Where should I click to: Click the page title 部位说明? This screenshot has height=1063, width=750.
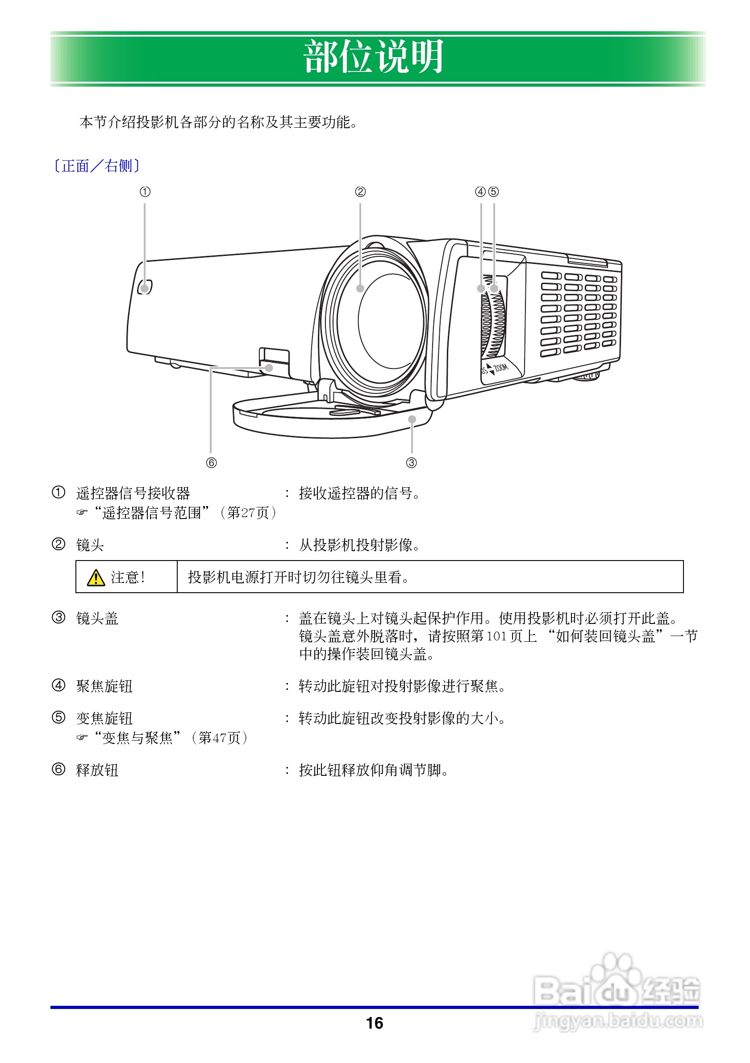[374, 57]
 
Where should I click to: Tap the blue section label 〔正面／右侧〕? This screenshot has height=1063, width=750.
[97, 166]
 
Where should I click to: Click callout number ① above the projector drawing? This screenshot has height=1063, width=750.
[145, 192]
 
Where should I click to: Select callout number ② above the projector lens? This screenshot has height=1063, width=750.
[360, 192]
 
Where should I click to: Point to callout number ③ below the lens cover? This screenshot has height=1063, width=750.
[411, 463]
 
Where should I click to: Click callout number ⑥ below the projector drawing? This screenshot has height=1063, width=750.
[211, 463]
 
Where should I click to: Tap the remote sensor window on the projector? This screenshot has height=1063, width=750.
[145, 288]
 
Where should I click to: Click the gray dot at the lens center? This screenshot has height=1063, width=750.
[360, 289]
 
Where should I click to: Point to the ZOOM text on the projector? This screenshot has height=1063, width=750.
[500, 368]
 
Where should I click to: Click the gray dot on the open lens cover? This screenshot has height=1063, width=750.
[412, 419]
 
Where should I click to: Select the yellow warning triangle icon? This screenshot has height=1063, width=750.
[96, 578]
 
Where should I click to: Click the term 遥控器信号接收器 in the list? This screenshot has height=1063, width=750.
[133, 494]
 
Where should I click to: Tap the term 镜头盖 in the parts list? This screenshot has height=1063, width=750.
[97, 619]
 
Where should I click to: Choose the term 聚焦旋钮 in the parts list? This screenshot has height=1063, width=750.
[104, 686]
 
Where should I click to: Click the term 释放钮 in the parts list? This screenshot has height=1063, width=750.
[97, 770]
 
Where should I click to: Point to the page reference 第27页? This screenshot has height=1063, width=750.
[248, 513]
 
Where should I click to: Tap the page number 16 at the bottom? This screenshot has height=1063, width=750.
[374, 1023]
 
